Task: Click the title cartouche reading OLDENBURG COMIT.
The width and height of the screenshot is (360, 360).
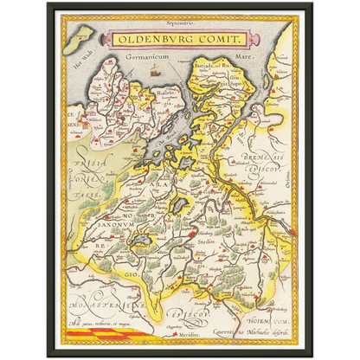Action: tap(178, 39)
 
